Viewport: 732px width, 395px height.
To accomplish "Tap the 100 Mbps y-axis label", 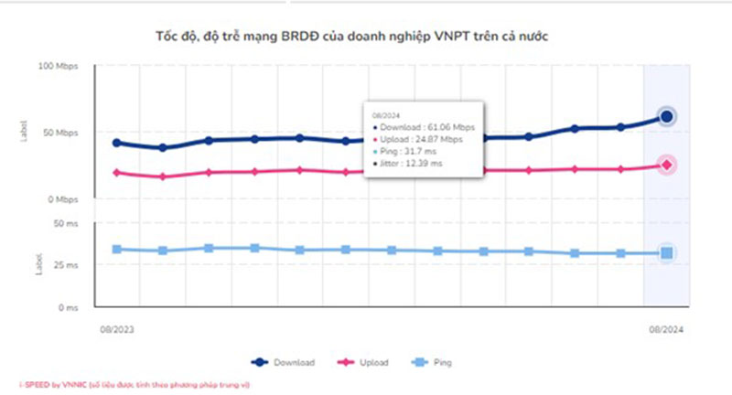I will [x=59, y=67].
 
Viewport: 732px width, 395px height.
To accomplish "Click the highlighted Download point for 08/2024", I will [x=667, y=116].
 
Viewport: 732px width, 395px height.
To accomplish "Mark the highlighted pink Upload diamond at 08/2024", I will [x=667, y=165].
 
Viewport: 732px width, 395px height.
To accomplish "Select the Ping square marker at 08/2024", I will [x=667, y=253].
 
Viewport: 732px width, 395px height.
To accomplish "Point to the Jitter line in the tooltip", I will [x=412, y=163].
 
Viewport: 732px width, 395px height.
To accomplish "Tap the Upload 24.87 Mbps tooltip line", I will [x=421, y=139].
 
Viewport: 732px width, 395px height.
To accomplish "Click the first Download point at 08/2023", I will [x=116, y=143].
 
